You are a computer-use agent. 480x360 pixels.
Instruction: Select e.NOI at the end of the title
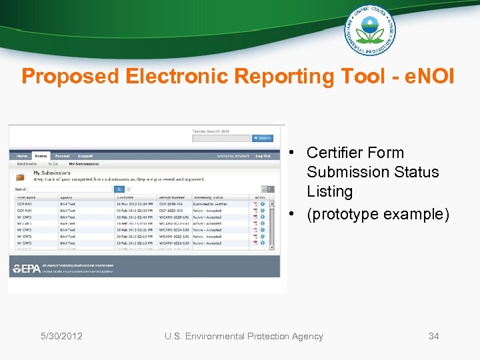click(428, 76)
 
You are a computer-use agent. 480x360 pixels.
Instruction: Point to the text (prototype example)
click(378, 214)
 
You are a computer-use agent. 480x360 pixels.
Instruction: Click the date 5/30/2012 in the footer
click(61, 336)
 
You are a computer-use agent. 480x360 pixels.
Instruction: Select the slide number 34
click(433, 336)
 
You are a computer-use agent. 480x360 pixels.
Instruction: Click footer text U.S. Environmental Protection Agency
click(243, 336)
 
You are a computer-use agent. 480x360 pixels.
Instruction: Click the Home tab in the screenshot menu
click(22, 156)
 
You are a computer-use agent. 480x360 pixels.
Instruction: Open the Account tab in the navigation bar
click(62, 156)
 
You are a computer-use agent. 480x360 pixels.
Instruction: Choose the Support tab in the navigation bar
click(85, 156)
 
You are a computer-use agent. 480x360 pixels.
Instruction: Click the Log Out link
click(263, 156)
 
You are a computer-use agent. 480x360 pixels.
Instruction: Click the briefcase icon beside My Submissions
click(21, 177)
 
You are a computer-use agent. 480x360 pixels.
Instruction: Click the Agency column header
click(66, 197)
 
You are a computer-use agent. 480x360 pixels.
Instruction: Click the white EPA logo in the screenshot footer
click(26, 269)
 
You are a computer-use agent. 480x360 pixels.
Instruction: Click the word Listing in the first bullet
click(329, 191)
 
